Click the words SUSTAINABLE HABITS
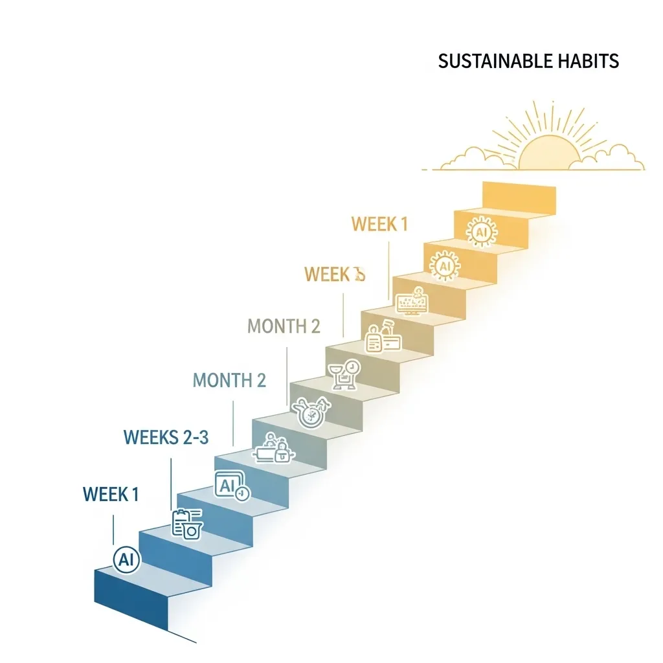[x=528, y=62]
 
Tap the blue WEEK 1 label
[x=111, y=495]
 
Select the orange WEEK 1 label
[x=379, y=225]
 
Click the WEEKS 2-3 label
[x=166, y=438]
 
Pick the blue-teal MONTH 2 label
[x=229, y=380]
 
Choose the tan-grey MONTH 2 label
[x=284, y=326]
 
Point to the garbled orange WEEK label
[x=335, y=275]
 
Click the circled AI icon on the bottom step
[x=126, y=561]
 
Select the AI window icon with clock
[x=230, y=486]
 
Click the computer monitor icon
[x=412, y=301]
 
